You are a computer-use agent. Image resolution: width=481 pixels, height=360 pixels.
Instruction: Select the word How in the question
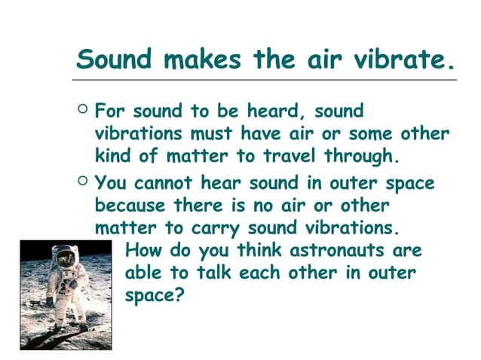click(x=141, y=250)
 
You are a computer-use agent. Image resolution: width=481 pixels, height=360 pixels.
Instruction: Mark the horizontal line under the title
click(x=264, y=78)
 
